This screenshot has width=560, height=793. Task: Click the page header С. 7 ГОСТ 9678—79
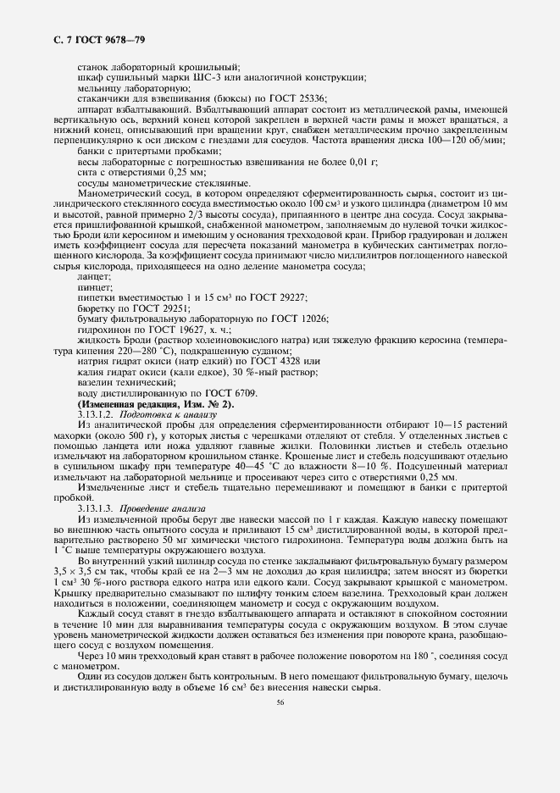pos(78,40)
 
